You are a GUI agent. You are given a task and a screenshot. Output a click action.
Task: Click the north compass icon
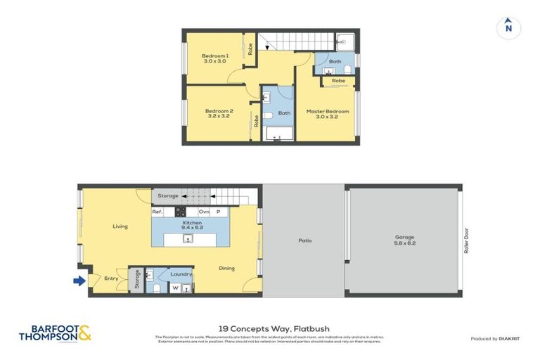508,27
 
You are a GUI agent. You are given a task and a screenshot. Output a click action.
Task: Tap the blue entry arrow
79,281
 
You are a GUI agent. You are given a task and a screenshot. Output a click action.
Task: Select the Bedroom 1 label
214,56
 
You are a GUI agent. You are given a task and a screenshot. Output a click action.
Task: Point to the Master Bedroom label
328,111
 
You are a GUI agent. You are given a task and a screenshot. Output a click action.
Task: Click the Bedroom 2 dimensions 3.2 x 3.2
219,117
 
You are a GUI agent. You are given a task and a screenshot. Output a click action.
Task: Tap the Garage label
404,237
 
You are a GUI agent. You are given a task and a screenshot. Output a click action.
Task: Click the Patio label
304,240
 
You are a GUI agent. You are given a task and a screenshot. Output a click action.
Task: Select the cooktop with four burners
180,212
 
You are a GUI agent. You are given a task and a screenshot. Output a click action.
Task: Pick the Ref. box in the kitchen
158,212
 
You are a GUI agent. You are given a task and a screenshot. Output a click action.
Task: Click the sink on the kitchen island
188,240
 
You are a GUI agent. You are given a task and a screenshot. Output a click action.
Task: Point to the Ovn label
203,212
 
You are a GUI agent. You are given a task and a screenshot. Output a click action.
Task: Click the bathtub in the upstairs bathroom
278,134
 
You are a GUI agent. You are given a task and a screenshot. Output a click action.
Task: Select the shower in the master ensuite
346,41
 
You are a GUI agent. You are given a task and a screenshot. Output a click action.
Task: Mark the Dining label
226,268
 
